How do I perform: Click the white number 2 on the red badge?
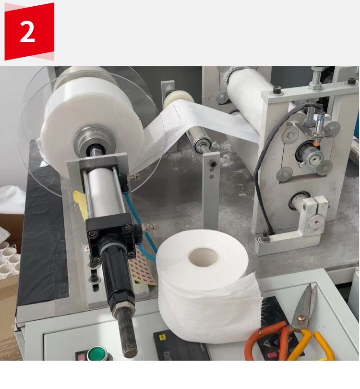click(x=27, y=31)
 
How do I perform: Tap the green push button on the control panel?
click(x=97, y=353)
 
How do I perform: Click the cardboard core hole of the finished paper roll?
click(x=203, y=257)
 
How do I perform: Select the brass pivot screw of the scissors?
click(x=301, y=318)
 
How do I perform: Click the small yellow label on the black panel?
click(x=163, y=337)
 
